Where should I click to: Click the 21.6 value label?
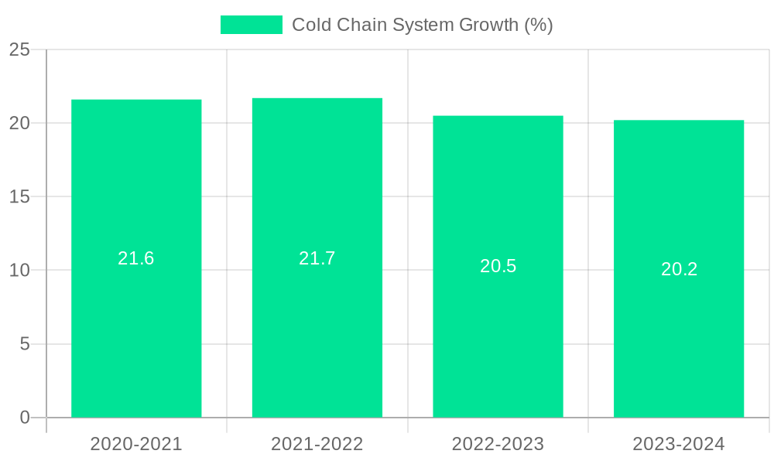coord(136,258)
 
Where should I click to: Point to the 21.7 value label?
coord(317,258)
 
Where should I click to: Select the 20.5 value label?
coord(498,266)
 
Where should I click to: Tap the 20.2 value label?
coord(679,269)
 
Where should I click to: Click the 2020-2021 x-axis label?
coord(136,444)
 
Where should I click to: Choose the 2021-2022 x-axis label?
coord(317,444)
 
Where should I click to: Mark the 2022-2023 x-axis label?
coord(498,444)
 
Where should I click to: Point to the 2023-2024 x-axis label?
coord(679,444)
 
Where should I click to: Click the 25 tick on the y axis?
coord(19,50)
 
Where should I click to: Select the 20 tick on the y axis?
coord(19,124)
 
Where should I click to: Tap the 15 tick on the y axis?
coord(19,197)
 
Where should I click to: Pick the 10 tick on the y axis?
coord(19,271)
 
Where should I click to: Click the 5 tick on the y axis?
coord(25,344)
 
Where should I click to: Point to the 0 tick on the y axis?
coord(25,418)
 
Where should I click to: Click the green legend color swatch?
coord(252,25)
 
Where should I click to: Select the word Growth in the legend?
coord(488,25)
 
